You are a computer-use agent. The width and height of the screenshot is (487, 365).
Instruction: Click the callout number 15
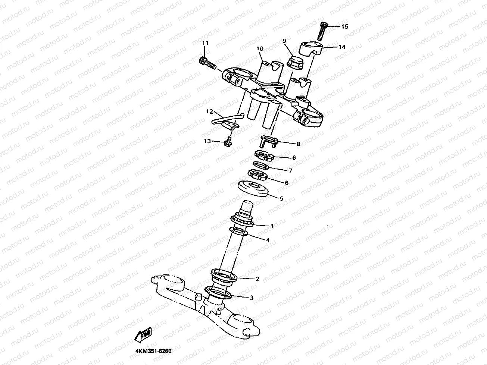pos(344,26)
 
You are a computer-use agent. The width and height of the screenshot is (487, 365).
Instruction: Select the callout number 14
pos(342,47)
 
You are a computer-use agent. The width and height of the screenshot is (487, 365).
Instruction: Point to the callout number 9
pos(284,40)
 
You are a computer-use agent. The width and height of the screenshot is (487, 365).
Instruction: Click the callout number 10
pos(260,48)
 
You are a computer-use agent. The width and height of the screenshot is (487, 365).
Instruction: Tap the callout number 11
pos(205,44)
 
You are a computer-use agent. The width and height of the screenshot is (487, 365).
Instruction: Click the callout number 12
pos(209,111)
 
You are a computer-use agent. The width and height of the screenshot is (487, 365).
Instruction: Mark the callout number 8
pos(298,144)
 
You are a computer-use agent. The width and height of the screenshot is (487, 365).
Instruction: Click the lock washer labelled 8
pos(268,142)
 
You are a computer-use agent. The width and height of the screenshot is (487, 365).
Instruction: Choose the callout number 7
pos(290,170)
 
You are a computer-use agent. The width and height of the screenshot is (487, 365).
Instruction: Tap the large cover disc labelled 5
pos(253,189)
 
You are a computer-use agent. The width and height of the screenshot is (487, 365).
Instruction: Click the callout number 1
pos(272,226)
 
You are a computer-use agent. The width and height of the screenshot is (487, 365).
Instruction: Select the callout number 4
pos(268,240)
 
